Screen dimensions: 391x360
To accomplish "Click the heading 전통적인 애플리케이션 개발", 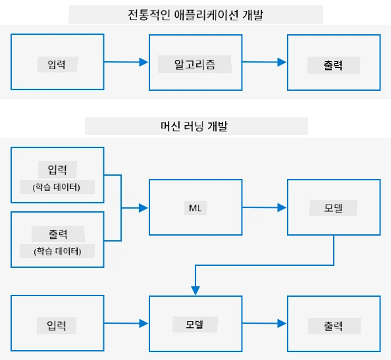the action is (x=195, y=15).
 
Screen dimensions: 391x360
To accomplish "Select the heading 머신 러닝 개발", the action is (x=194, y=126).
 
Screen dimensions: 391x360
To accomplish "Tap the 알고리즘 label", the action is (x=194, y=64).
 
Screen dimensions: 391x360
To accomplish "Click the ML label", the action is (x=195, y=208).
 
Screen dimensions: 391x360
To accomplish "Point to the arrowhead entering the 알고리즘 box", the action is (x=143, y=62).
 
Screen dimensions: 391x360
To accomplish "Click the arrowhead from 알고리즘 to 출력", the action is (x=282, y=62).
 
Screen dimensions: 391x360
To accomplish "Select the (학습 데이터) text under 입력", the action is (x=57, y=187).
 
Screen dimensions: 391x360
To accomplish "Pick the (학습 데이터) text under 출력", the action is (x=57, y=251).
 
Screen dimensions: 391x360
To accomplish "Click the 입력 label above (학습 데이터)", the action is (x=57, y=170).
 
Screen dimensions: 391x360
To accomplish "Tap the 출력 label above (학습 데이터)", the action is (x=58, y=234).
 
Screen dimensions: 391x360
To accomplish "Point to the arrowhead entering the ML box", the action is (x=143, y=208).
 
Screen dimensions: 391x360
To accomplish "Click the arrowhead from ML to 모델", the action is (x=282, y=207).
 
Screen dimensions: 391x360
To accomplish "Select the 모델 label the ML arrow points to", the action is (x=333, y=208).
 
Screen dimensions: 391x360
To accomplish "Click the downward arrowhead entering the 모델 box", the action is (x=195, y=291).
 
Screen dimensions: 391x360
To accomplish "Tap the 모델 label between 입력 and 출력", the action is (x=194, y=324).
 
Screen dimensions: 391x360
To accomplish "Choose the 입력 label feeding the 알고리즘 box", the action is (x=57, y=64).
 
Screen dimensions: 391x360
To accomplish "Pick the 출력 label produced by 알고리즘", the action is (x=333, y=65).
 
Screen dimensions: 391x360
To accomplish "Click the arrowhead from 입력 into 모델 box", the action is (x=143, y=323).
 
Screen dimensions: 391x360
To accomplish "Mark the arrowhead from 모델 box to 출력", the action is (x=282, y=323).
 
